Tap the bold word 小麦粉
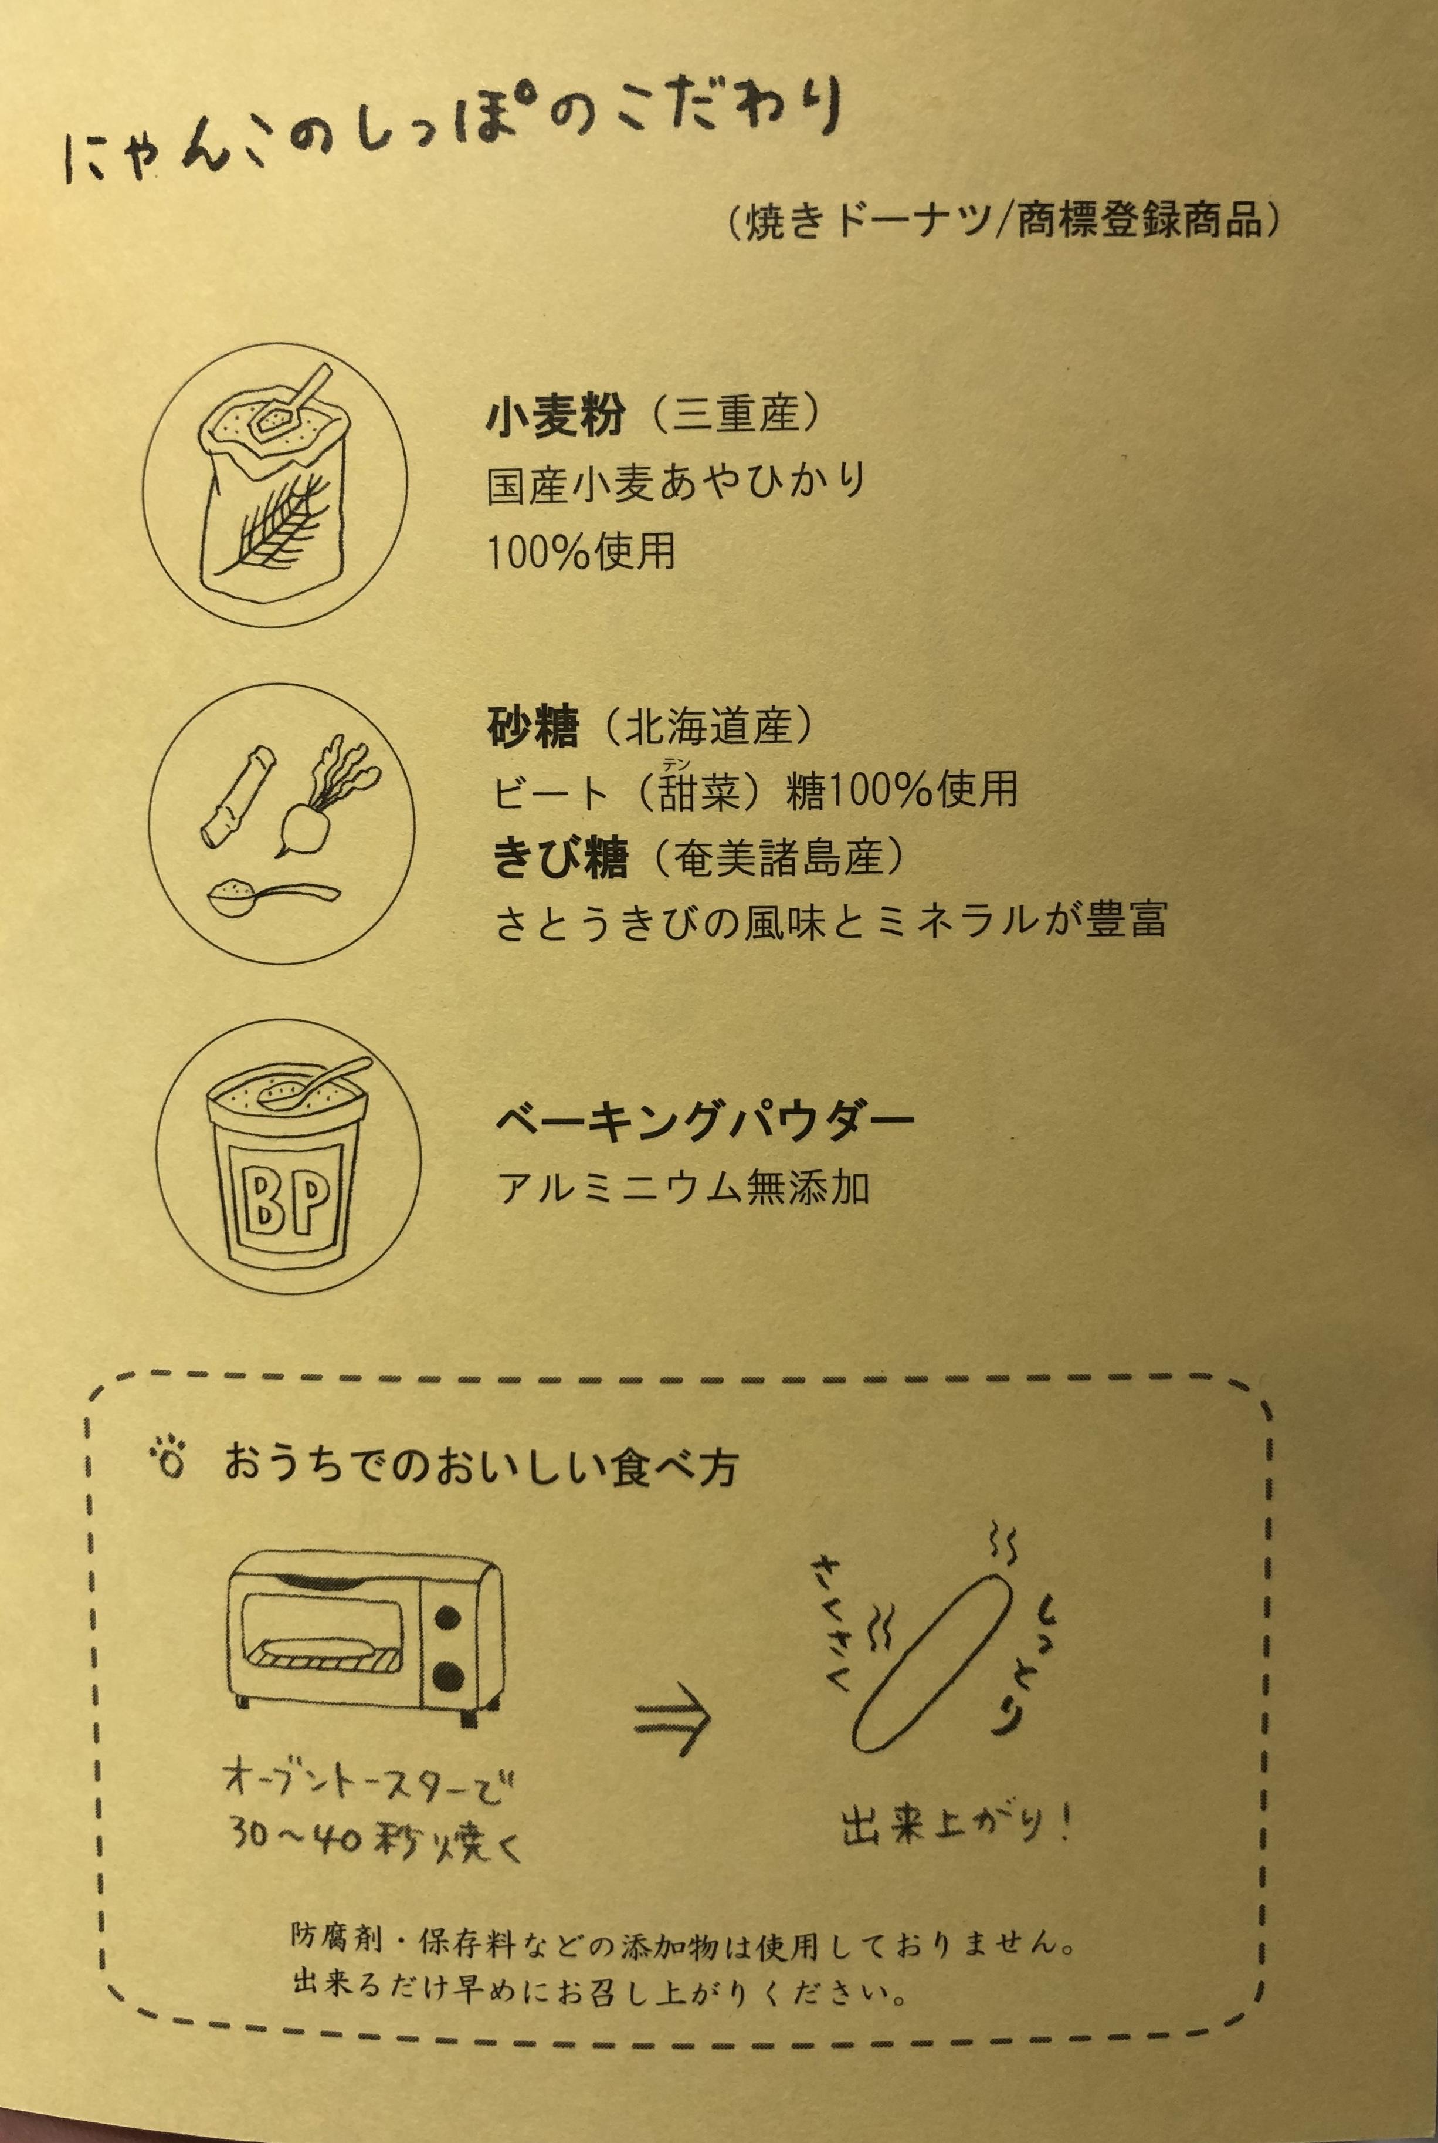(557, 415)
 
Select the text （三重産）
(734, 415)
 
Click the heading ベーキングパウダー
(704, 1121)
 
